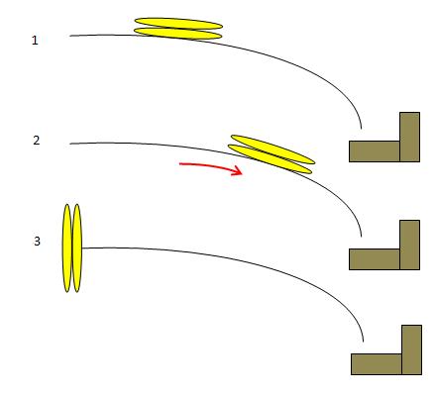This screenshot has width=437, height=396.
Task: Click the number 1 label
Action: point(35,41)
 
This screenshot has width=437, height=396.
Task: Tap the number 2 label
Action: point(37,141)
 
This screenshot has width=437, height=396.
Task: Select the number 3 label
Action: point(37,242)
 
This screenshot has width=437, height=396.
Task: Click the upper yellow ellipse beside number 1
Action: point(178,24)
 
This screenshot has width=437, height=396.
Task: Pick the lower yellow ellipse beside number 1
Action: point(177,34)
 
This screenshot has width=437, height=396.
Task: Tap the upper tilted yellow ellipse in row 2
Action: point(273,149)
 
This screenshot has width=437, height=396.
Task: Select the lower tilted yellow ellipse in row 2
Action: point(270,159)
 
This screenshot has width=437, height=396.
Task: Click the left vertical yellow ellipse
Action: point(67,248)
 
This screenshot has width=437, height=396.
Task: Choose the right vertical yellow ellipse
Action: point(77,248)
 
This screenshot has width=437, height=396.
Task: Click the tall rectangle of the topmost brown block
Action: point(409,137)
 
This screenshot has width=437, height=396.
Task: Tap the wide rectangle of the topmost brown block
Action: point(375,151)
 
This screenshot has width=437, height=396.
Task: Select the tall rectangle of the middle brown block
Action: point(409,245)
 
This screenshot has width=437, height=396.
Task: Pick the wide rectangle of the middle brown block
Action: point(375,259)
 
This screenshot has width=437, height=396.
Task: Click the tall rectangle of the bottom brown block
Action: point(411,349)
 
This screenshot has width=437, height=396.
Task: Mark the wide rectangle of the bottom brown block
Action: point(377,364)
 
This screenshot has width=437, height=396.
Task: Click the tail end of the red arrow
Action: point(179,163)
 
